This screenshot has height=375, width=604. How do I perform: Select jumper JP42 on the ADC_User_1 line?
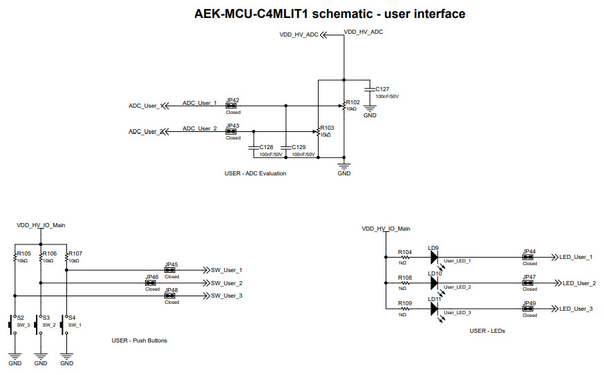(x=233, y=106)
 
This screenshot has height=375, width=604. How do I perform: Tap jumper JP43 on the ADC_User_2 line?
(x=233, y=131)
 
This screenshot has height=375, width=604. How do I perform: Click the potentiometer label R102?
(x=352, y=102)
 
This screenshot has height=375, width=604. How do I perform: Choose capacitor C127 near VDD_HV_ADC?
(x=382, y=89)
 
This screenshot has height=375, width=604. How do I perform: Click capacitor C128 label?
(x=266, y=147)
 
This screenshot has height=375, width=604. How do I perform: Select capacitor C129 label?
(x=299, y=147)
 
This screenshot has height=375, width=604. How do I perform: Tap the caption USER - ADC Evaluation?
(x=255, y=173)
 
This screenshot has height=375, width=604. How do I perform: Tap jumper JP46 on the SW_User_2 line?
(x=151, y=283)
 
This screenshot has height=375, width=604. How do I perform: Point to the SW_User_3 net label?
(x=226, y=296)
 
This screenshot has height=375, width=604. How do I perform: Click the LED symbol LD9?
(x=434, y=257)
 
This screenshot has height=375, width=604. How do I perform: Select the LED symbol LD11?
(x=434, y=309)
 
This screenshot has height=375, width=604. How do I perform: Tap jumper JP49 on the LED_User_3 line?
(x=529, y=309)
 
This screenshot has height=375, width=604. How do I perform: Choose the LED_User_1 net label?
(x=575, y=257)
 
